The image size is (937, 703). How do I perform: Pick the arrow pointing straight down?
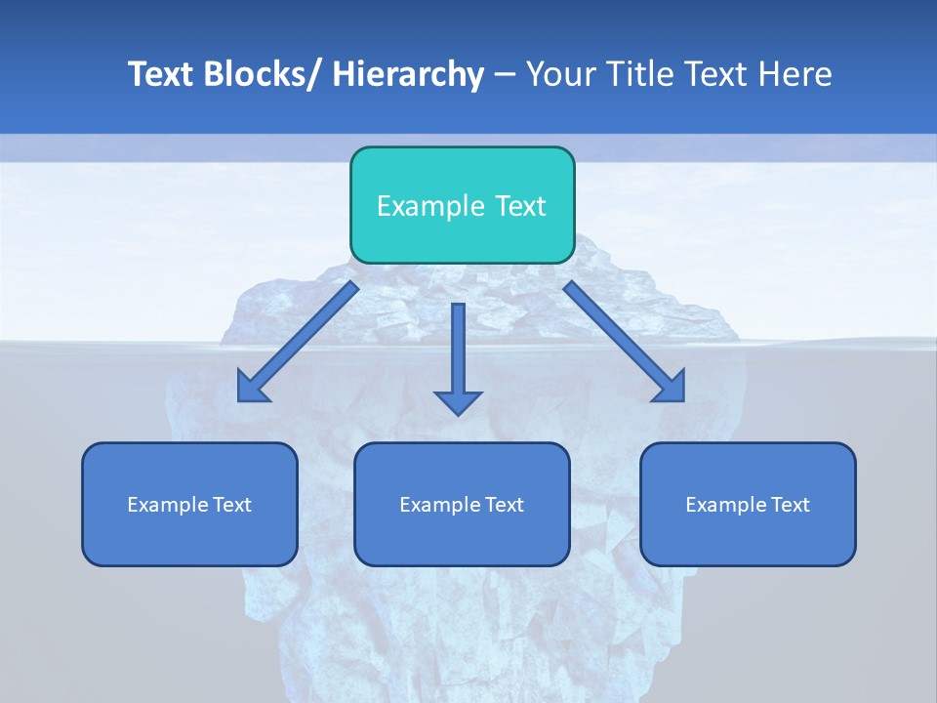(458, 351)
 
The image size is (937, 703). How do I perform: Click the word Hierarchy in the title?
(408, 74)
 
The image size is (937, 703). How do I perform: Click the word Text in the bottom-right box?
(790, 505)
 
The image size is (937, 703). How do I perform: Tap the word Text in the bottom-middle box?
(504, 505)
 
